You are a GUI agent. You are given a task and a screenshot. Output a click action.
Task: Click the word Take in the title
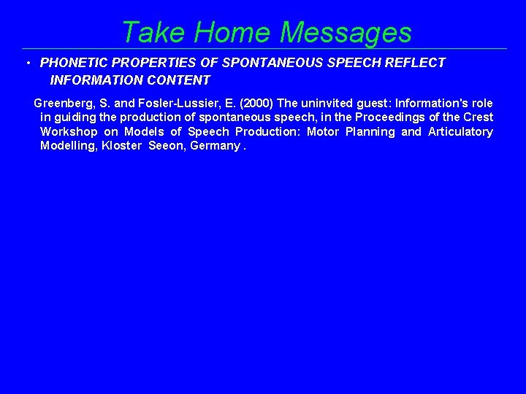pos(150,32)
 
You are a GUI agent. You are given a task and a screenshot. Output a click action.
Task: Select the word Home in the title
pos(229,32)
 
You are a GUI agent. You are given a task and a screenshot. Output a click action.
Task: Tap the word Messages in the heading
pos(346,32)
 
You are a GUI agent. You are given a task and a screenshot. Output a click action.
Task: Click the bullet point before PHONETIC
pos(27,63)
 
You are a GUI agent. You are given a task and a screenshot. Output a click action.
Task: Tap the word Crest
pos(478,117)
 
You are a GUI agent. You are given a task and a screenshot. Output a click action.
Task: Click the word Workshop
pos(69,132)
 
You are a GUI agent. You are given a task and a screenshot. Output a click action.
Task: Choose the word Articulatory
pos(460,132)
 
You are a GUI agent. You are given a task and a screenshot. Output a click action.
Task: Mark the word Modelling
pos(69,146)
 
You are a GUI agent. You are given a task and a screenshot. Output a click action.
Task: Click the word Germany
pos(218,146)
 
